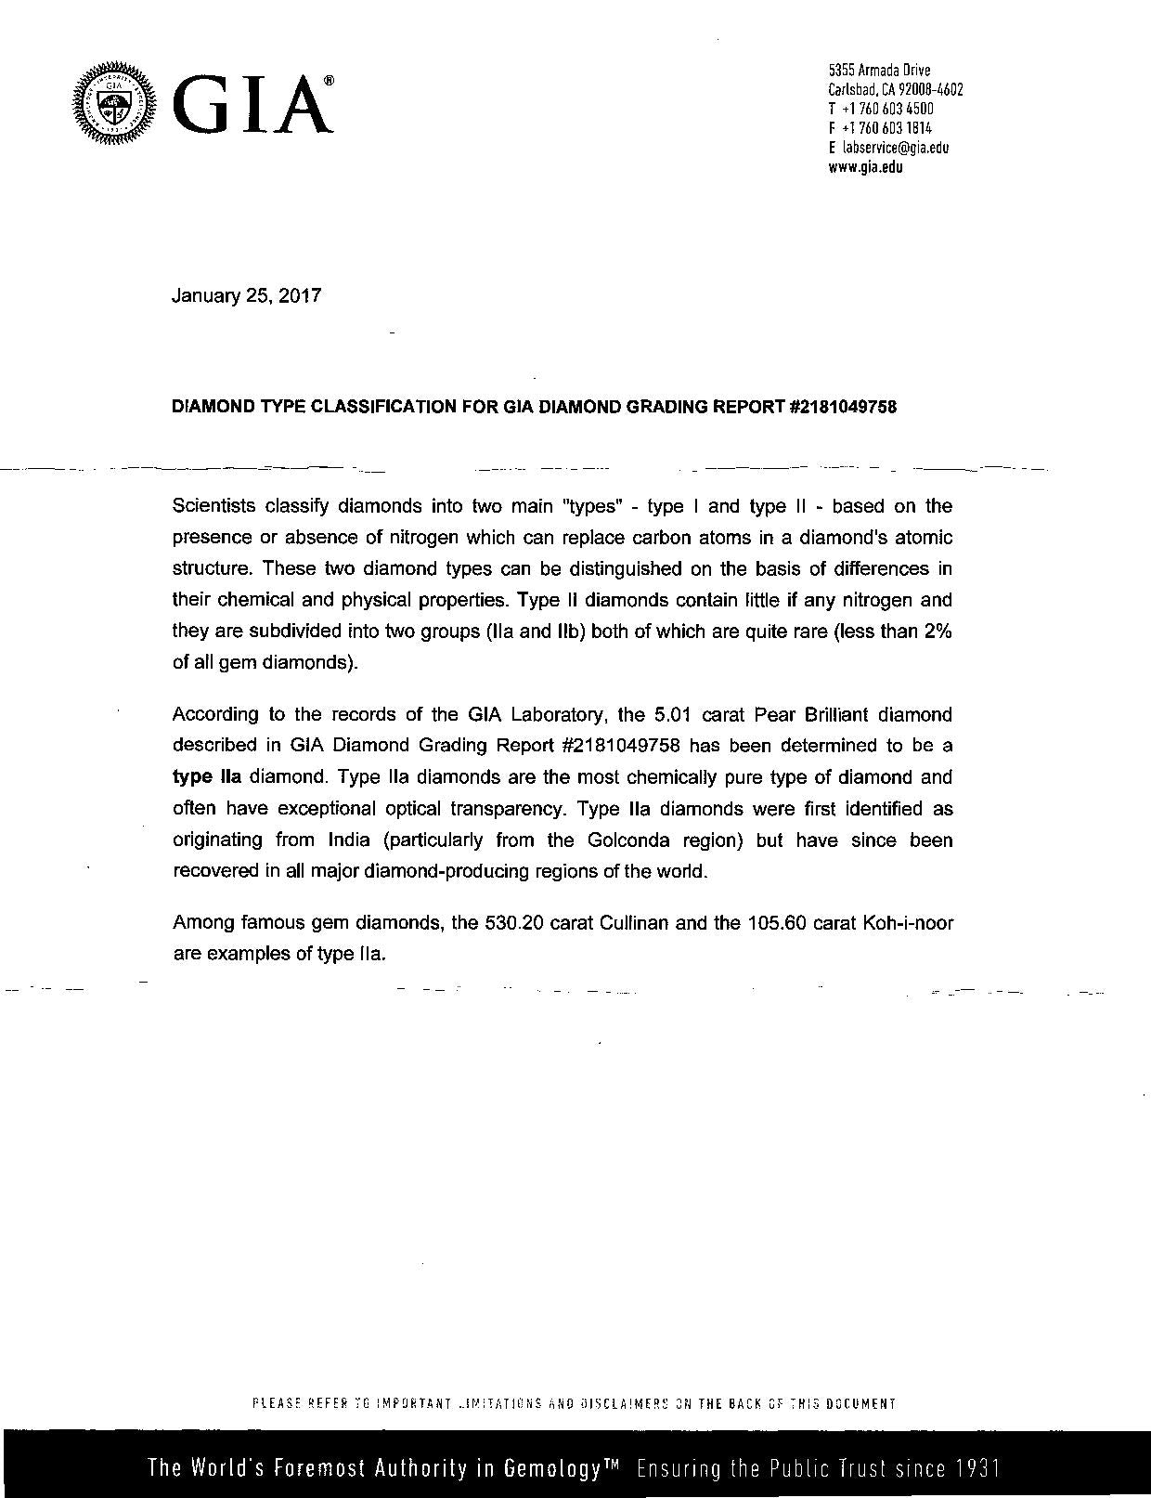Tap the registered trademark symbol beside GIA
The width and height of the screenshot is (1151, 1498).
[x=329, y=83]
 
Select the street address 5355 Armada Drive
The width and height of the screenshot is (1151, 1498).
[x=879, y=71]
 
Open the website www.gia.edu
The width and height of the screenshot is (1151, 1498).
[x=865, y=167]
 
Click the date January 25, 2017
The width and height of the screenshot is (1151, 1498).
[x=247, y=296]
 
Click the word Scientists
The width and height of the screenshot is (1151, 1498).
[x=213, y=506]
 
